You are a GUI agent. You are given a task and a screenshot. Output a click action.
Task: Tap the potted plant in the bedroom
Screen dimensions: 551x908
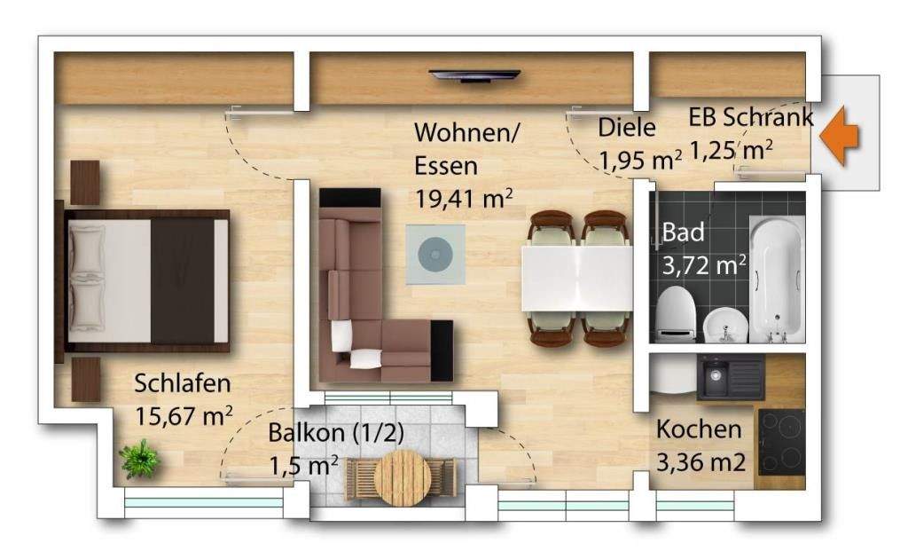point(140,459)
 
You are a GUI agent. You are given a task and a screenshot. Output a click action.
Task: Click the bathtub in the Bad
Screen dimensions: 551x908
point(777,279)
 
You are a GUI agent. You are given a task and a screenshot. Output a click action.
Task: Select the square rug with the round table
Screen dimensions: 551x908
point(435,255)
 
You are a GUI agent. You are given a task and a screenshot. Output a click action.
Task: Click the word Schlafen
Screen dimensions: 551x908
point(183,383)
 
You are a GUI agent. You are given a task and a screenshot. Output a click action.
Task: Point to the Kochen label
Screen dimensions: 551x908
point(699,429)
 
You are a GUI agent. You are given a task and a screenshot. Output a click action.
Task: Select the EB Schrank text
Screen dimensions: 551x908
point(750,117)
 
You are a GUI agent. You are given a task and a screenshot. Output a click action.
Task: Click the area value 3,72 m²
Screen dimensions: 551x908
point(704,264)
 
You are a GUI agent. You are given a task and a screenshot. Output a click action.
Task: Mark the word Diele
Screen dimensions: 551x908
point(627,127)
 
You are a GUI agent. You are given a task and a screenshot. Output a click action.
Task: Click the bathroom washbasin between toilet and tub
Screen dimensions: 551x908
point(723,327)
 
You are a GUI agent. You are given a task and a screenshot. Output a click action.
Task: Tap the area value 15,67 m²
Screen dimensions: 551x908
point(184,414)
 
